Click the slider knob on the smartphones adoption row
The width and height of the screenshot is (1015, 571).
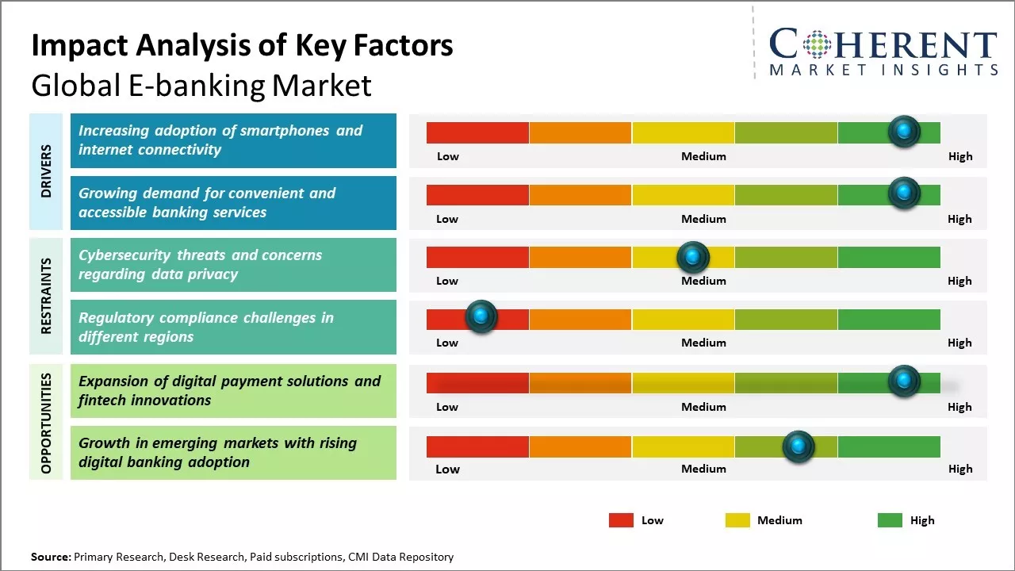[904, 131]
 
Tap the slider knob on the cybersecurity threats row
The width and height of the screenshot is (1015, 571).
[693, 257]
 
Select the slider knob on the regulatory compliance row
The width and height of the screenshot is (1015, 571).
[481, 317]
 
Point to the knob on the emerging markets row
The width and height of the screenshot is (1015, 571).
[799, 446]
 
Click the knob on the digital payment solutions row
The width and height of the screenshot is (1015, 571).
[904, 381]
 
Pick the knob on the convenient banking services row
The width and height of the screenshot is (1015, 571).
[904, 193]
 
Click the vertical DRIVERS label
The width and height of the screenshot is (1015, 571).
[46, 171]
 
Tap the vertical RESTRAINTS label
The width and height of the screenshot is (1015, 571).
[46, 295]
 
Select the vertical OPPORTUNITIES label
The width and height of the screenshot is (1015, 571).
[46, 423]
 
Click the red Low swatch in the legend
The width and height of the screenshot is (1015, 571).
[621, 520]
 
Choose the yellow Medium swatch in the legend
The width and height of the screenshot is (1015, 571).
[737, 520]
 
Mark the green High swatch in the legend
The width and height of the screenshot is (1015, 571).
[890, 520]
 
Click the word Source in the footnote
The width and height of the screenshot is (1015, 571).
[50, 557]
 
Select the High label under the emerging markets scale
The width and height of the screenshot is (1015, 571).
[959, 469]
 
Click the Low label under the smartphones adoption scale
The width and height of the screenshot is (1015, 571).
[448, 156]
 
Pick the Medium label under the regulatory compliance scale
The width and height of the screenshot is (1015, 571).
[703, 343]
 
